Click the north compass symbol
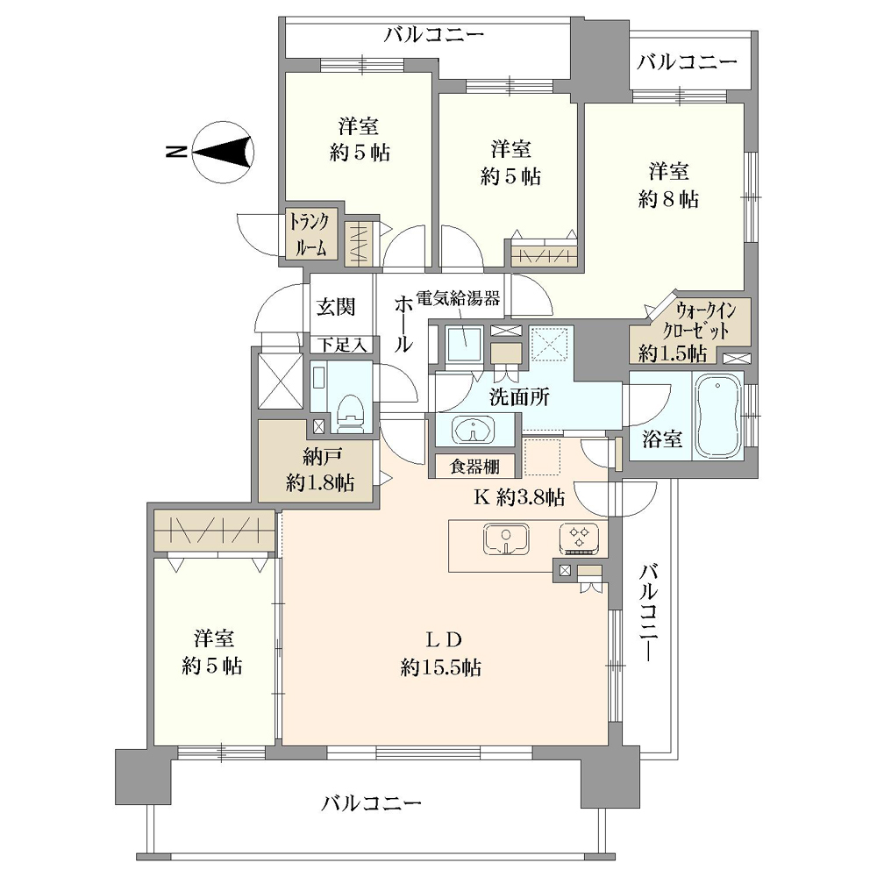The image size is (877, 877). [223, 152]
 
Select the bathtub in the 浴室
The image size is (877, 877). [717, 415]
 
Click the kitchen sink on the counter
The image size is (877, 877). [506, 539]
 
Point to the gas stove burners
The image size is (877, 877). [579, 539]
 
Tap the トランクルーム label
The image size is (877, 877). [309, 234]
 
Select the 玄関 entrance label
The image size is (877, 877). [336, 306]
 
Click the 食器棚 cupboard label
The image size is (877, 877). [474, 466]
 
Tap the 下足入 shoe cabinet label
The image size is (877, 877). [342, 345]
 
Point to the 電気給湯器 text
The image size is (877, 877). [458, 298]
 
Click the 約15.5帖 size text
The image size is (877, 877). [441, 667]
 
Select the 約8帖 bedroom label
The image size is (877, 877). [668, 199]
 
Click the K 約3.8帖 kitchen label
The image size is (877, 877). [519, 496]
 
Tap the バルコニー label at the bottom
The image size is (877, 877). [371, 804]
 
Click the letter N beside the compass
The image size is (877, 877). [176, 152]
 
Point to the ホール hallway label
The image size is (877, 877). [403, 324]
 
